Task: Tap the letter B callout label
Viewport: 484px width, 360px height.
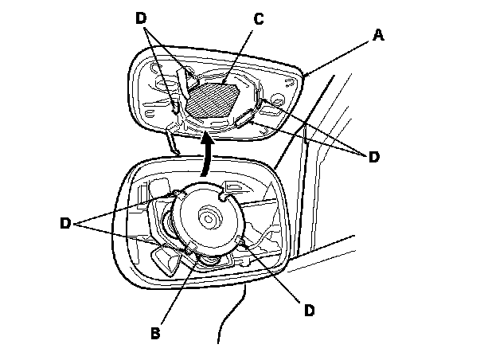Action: (x=157, y=332)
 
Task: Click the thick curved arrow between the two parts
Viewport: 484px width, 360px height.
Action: (x=208, y=156)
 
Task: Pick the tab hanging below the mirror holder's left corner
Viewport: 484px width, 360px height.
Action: (x=172, y=142)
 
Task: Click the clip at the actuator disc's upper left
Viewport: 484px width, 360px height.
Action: (x=171, y=194)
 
